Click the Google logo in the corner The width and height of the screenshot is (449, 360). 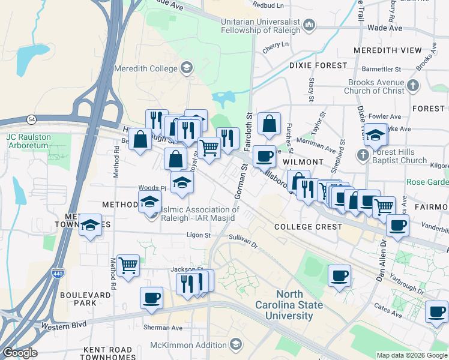19,353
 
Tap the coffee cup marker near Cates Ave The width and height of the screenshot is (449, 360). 436,311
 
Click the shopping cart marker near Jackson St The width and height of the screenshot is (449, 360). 128,265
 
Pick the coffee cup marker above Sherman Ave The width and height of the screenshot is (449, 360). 151,297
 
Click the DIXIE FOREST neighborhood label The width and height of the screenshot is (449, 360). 318,65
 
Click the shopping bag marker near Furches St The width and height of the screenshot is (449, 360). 270,124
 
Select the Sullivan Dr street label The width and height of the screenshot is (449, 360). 243,241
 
